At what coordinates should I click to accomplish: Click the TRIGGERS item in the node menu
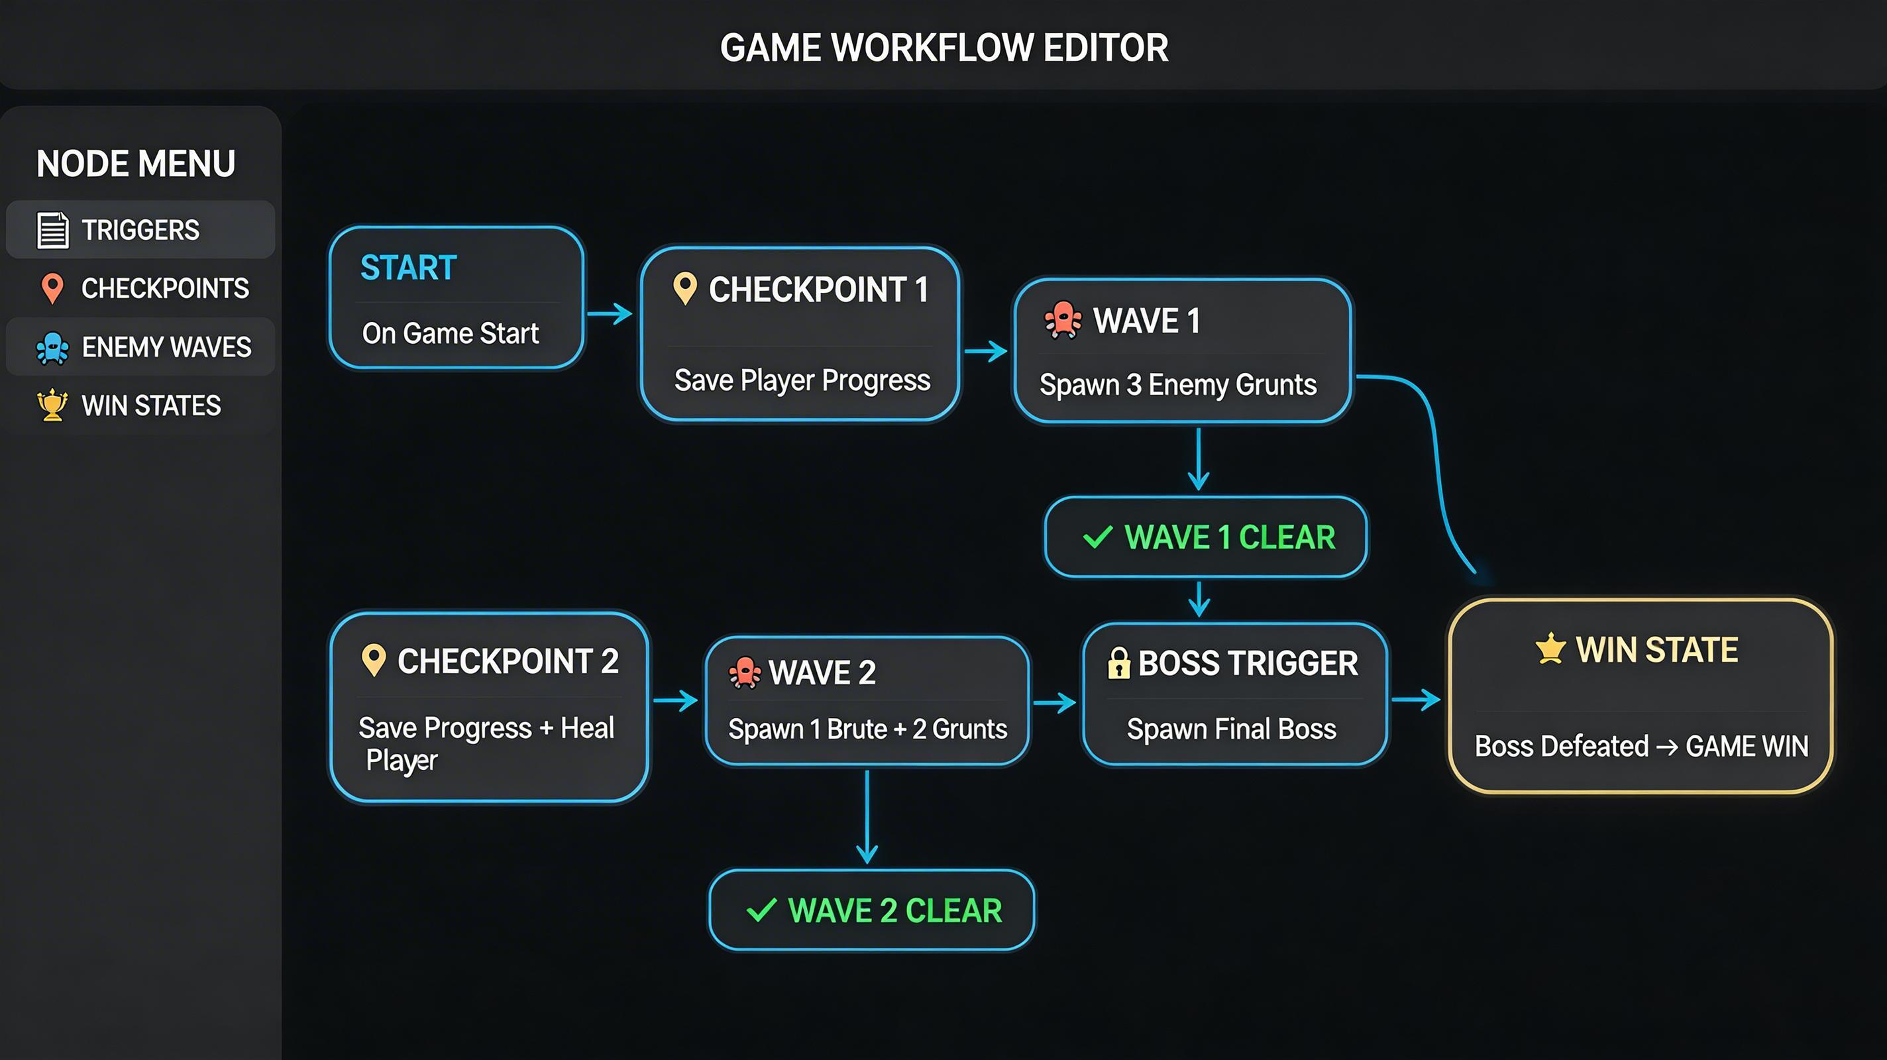pos(139,230)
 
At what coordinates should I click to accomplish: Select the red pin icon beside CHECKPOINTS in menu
pos(52,289)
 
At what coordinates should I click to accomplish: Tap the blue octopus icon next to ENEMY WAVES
pos(52,348)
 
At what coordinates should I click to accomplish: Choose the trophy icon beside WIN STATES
pos(52,405)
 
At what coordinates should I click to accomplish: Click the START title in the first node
pos(408,268)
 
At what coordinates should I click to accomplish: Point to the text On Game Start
pos(450,334)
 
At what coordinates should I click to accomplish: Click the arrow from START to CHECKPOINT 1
pos(610,314)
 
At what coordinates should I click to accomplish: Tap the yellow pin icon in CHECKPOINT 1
pos(685,289)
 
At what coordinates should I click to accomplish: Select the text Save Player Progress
pos(802,381)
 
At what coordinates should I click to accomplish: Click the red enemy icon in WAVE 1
pos(1062,321)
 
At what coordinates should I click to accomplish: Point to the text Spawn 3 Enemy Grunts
pos(1178,386)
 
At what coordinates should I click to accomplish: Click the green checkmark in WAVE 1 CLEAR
pos(1097,537)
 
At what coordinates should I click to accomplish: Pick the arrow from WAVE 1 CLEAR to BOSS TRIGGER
pos(1199,599)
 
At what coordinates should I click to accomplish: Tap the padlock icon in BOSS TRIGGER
pos(1118,664)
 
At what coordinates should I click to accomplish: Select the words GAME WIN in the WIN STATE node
pos(1747,747)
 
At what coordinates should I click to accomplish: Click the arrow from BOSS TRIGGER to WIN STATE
pos(1416,700)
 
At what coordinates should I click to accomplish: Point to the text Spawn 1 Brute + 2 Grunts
pos(867,729)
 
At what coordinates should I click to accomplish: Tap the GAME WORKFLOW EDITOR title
pos(943,48)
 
